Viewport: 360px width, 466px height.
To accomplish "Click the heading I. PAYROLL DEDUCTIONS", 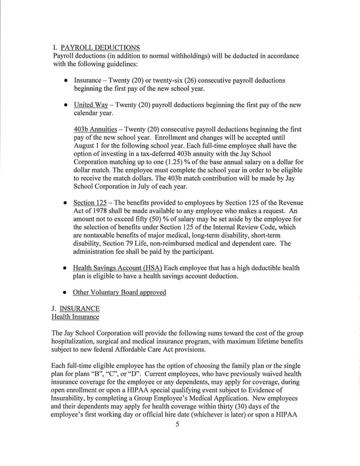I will pyautogui.click(x=96, y=47).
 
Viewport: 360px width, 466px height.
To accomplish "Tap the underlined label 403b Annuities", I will pyautogui.click(x=95, y=130).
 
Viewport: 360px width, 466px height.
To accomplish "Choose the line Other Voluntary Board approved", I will pyautogui.click(x=119, y=292).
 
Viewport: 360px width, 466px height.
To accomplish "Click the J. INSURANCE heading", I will pyautogui.click(x=76, y=309).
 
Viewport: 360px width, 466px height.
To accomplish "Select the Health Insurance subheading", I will pyautogui.click(x=76, y=316).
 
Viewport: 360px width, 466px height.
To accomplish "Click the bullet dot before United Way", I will pyautogui.click(x=65, y=105).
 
